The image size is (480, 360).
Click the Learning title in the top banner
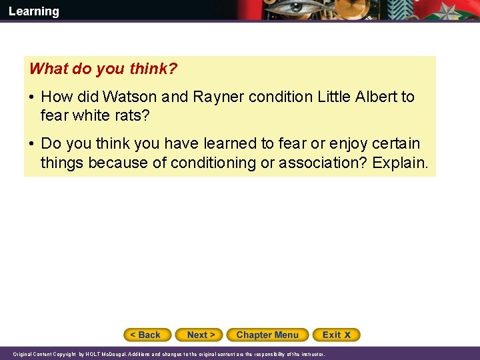pos(33,11)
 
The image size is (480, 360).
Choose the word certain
pos(397,144)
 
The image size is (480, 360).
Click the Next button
pos(200,335)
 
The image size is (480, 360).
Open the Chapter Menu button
pos(267,335)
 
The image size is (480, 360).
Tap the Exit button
pos(337,335)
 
